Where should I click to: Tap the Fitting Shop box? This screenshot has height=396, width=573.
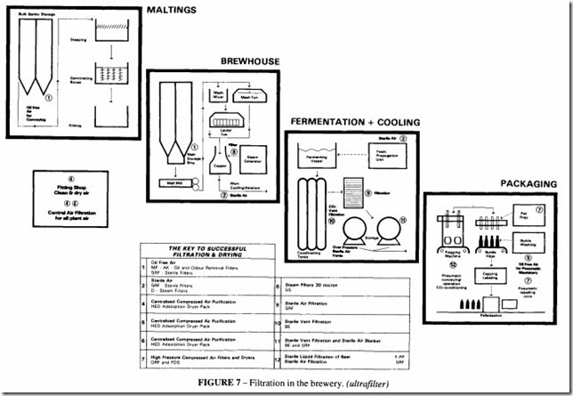click(70, 189)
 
